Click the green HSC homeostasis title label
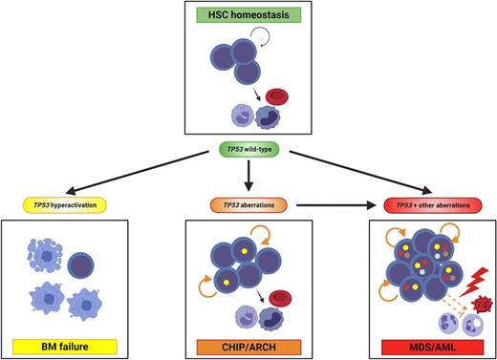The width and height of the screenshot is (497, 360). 248,14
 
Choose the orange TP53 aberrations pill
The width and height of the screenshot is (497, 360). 248,203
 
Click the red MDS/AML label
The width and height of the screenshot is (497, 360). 415,345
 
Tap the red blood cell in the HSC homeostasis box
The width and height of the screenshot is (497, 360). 278,96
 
